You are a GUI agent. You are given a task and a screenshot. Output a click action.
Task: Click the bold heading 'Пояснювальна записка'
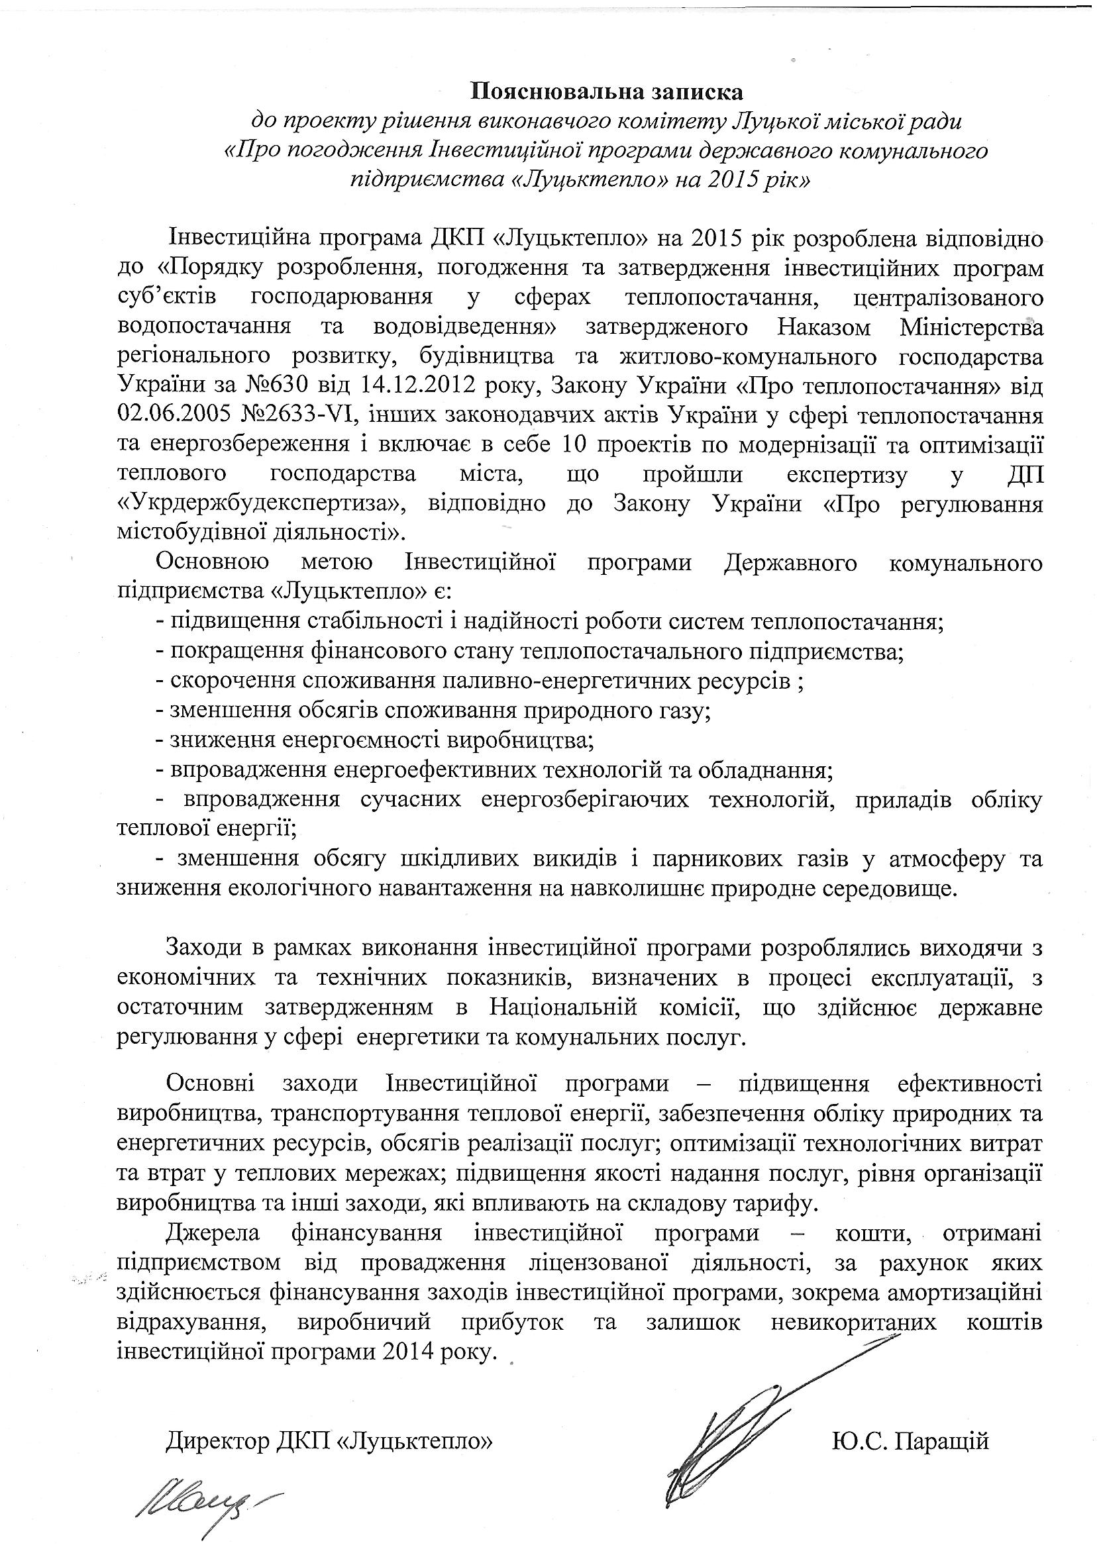[607, 90]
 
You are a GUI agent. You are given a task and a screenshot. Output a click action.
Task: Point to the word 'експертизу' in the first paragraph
[846, 475]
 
